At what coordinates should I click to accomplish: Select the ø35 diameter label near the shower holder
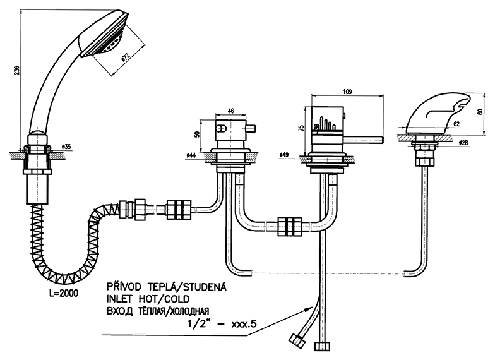point(67,147)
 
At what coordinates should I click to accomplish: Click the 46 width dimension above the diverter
point(231,111)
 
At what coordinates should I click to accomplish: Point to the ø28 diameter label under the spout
point(463,143)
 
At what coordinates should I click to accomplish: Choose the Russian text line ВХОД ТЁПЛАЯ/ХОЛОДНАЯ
point(158,311)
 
